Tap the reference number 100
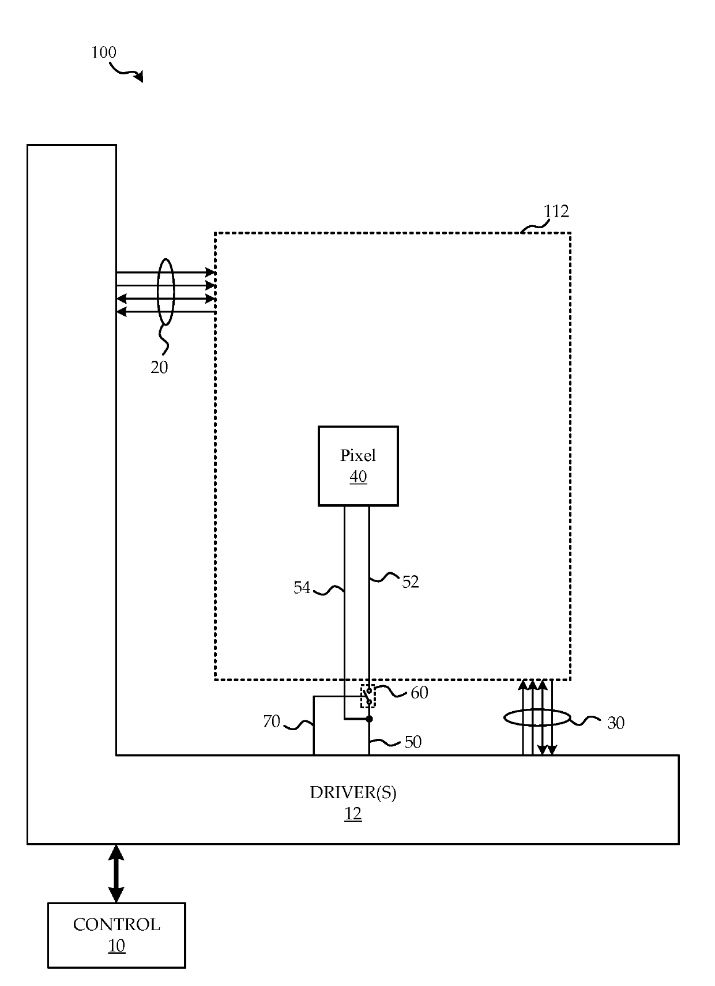point(104,52)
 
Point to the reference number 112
point(556,211)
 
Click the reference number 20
point(159,367)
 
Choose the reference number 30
point(616,723)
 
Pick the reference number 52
point(410,582)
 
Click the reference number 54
point(302,588)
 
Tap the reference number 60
point(419,693)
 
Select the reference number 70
point(272,721)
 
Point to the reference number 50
point(413,742)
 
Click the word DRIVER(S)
point(353,792)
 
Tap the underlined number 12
point(353,814)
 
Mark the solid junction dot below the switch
point(369,719)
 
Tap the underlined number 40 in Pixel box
point(358,476)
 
